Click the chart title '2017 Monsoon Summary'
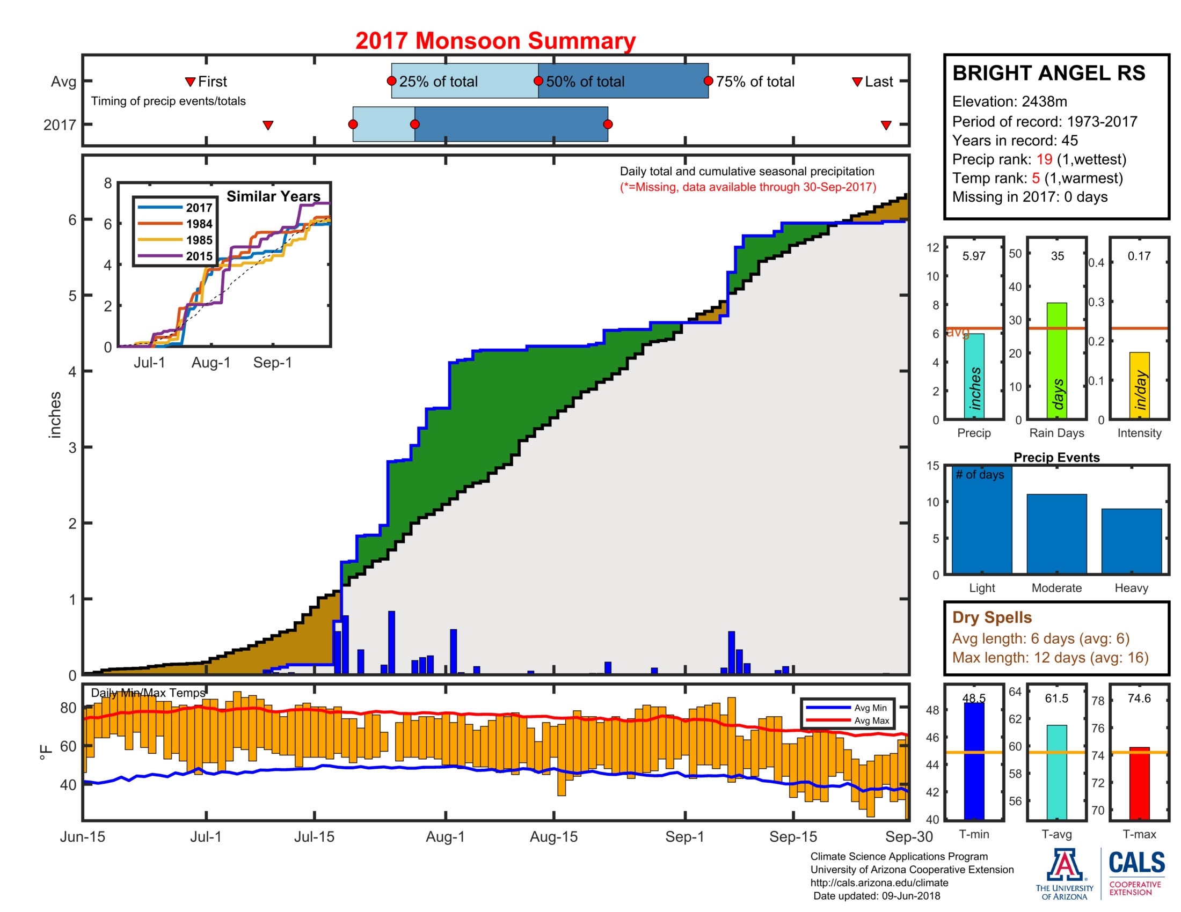[495, 41]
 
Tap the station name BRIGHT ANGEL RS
[1048, 73]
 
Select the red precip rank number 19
[1044, 159]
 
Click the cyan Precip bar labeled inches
[973, 376]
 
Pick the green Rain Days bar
[1056, 361]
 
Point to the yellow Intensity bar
[1139, 385]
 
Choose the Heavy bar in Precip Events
[1131, 540]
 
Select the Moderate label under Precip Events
[1056, 588]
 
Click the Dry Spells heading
[991, 617]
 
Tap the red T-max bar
[1139, 783]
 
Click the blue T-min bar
[973, 761]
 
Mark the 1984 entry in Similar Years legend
[199, 224]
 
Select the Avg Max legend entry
[871, 720]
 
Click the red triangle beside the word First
[190, 82]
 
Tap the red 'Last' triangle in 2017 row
[886, 126]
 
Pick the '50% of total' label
[585, 82]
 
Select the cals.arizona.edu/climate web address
[879, 883]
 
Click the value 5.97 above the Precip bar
[973, 256]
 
